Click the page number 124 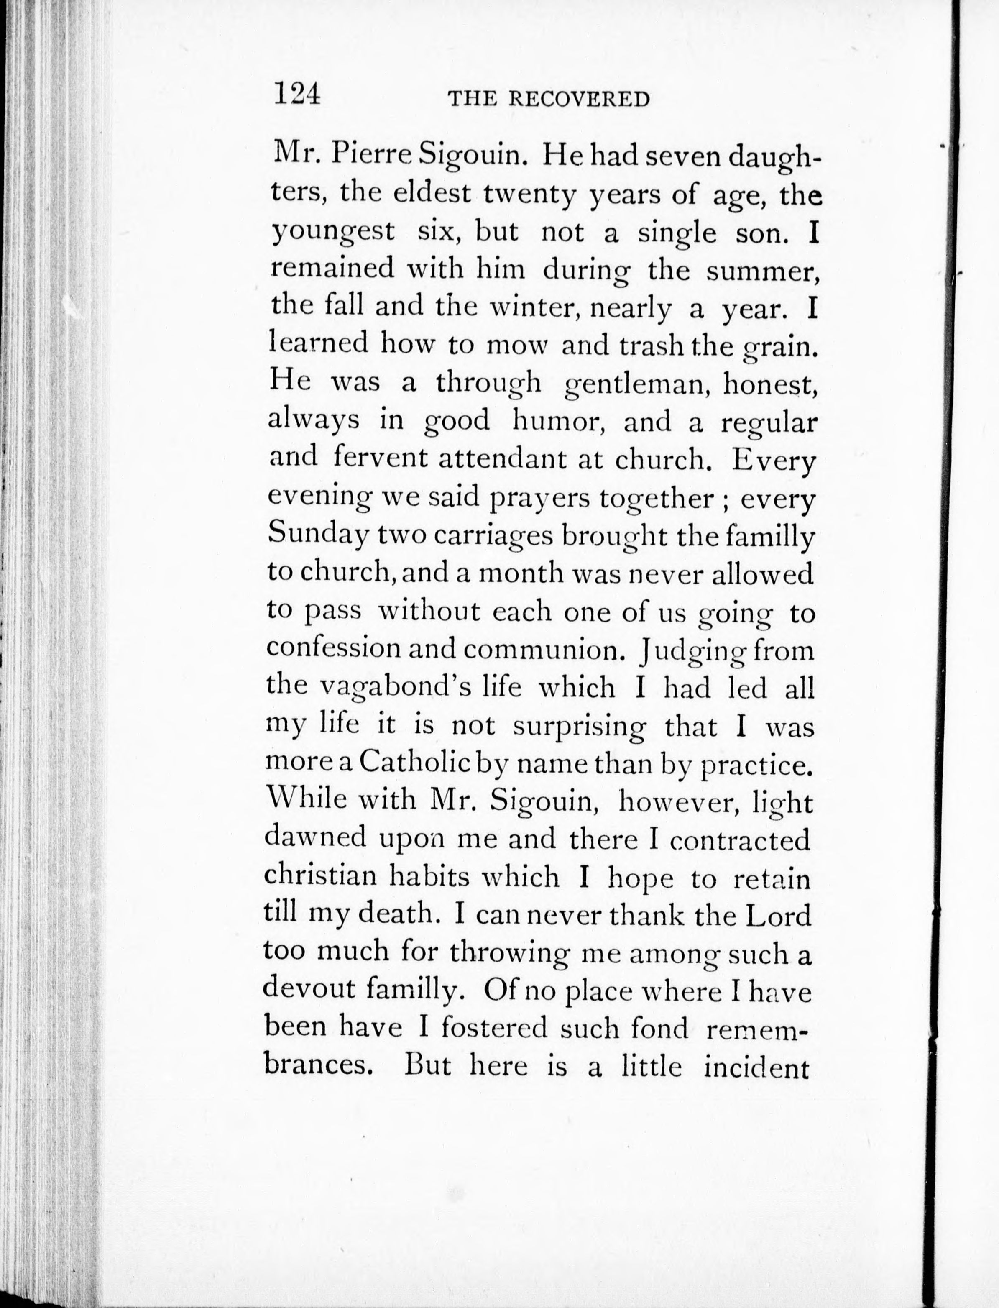(297, 95)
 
